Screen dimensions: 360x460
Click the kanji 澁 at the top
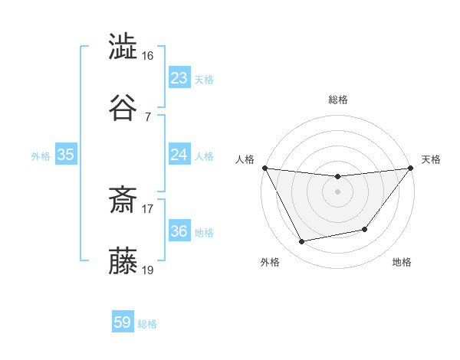(123, 47)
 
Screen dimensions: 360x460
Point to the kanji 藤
(123, 261)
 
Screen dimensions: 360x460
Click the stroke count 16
(148, 56)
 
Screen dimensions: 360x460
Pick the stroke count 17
(148, 208)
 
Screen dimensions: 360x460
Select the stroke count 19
(148, 270)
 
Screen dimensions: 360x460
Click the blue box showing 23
(179, 78)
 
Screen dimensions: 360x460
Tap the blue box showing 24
(179, 155)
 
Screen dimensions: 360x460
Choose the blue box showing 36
(179, 231)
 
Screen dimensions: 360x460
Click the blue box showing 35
(65, 155)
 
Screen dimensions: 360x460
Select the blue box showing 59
(123, 322)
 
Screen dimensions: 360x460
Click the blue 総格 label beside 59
(148, 324)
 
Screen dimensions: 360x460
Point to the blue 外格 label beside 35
(41, 156)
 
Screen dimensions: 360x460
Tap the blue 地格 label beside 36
(204, 233)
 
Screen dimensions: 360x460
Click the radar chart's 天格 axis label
(431, 159)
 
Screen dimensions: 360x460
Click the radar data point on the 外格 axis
(302, 241)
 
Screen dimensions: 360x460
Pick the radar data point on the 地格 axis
(365, 229)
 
